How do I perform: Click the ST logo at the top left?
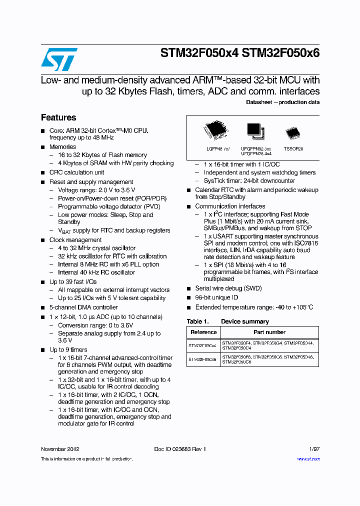59,59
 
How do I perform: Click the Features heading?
58,117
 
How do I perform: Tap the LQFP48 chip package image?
216,131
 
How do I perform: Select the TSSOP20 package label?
293,149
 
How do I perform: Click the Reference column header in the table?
203,332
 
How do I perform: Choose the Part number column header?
269,332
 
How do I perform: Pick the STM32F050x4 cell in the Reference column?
202,345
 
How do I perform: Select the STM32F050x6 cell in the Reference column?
202,359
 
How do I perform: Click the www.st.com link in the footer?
308,458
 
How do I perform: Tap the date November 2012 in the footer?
60,449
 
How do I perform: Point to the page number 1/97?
314,449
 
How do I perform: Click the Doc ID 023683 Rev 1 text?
180,449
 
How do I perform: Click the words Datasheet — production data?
282,102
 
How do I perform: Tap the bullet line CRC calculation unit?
76,172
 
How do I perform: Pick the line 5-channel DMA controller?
83,307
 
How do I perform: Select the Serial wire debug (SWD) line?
228,288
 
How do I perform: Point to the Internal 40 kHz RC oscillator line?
96,272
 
